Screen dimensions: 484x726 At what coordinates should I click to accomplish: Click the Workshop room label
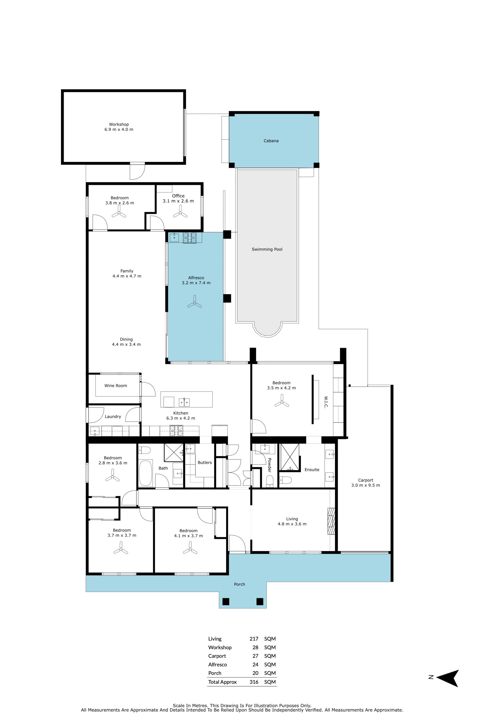click(119, 125)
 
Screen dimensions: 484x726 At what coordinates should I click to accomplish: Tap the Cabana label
click(271, 141)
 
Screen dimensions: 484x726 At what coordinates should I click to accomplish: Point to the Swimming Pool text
click(267, 249)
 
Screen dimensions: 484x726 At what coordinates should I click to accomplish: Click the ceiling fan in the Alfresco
click(194, 302)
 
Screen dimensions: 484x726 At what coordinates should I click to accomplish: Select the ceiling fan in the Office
click(180, 212)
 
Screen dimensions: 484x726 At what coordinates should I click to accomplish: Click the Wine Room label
click(116, 386)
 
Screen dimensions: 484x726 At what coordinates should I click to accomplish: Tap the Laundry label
click(113, 417)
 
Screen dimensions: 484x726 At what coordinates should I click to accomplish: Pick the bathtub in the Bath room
click(145, 473)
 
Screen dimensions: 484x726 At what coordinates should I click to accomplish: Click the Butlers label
click(205, 462)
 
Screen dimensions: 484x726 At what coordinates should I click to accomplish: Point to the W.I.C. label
click(326, 402)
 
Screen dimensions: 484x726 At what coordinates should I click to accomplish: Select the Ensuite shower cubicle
click(290, 457)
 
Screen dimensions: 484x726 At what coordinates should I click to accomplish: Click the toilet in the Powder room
click(269, 481)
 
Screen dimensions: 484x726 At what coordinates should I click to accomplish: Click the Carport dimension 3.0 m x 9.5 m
click(366, 485)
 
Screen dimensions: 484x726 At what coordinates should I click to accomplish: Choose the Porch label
click(239, 584)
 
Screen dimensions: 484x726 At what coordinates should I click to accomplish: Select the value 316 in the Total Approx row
click(254, 682)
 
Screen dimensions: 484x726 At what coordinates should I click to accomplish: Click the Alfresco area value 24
click(255, 664)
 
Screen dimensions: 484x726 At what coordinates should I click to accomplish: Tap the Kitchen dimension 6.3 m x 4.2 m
click(180, 418)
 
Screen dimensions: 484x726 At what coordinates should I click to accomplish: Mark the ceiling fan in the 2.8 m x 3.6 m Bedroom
click(112, 476)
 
